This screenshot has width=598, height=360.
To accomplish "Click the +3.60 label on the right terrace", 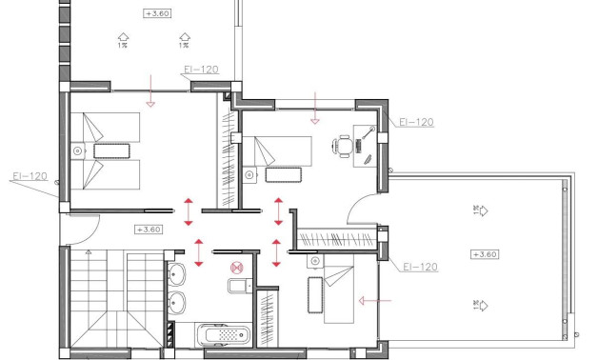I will pos(484,254).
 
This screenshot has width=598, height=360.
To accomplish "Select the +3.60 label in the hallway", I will pos(149,230).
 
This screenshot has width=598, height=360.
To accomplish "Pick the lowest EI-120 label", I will pos(419,268).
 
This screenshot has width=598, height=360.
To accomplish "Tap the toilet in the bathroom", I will pos(236,287).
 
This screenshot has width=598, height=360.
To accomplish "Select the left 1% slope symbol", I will pos(123,40).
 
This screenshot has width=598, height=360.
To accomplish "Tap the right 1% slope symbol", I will pos(182,40).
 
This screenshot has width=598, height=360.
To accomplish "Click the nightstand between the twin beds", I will pos(77,150).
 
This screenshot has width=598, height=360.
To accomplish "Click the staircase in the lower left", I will pos(100,300).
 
